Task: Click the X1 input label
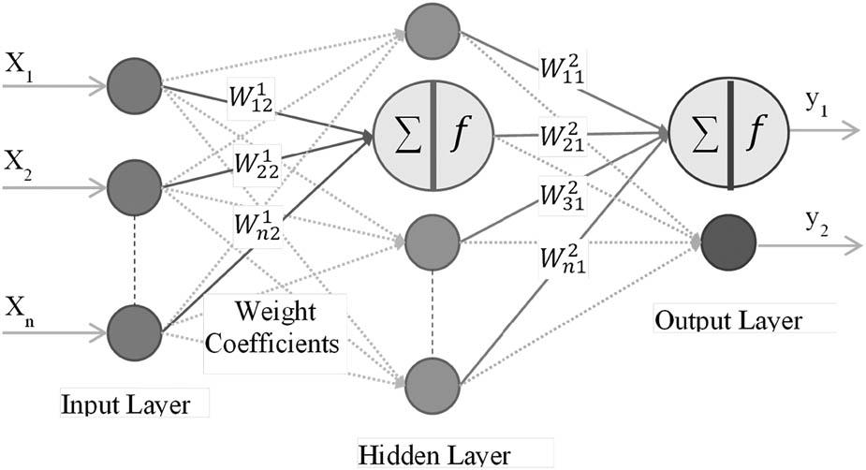point(19,67)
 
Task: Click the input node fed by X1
point(135,86)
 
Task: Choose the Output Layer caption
point(728,321)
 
